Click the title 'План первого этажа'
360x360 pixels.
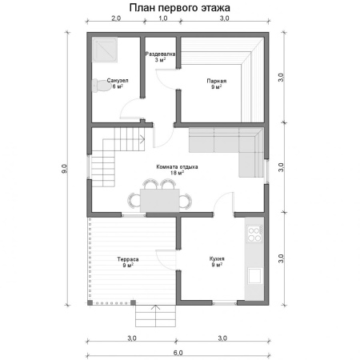tap(180, 8)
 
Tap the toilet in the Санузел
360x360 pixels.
tap(101, 86)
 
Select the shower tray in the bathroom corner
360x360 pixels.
tap(105, 50)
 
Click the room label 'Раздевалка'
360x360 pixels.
tap(160, 54)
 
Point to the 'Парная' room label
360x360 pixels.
tap(217, 81)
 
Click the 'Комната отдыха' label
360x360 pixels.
tap(177, 167)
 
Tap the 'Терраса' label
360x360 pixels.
tap(128, 259)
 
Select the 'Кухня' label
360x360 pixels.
tap(217, 258)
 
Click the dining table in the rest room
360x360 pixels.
tap(160, 200)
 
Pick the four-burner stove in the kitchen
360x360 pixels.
tap(254, 234)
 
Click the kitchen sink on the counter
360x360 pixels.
tap(254, 276)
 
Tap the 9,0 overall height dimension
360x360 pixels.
tap(65, 169)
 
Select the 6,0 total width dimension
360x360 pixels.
tap(178, 353)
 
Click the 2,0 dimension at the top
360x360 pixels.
tap(116, 18)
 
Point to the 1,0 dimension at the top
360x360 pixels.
tap(163, 18)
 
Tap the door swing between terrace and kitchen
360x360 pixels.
tap(162, 258)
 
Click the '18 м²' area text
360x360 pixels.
tap(177, 173)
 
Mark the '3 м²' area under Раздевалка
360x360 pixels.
tap(160, 60)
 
